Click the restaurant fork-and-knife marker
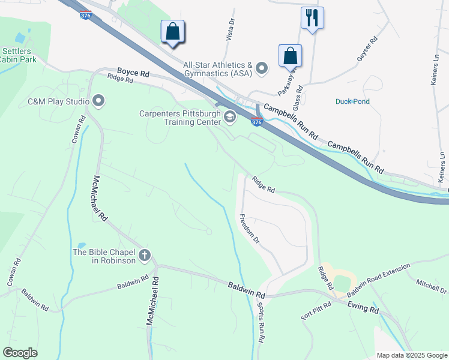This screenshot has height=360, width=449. (x=312, y=17)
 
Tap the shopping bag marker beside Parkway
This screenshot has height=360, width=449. (x=291, y=55)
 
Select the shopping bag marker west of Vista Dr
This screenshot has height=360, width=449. (x=173, y=31)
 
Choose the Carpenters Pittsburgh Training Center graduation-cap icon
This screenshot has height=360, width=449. (x=230, y=116)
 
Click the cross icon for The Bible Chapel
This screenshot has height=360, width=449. (x=144, y=256)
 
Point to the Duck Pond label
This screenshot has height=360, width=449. (x=352, y=101)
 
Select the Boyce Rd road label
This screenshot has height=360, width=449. (x=133, y=73)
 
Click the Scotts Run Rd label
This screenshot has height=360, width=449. (x=262, y=322)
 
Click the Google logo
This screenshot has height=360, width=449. (x=20, y=352)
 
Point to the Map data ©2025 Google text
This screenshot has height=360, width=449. (x=411, y=355)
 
